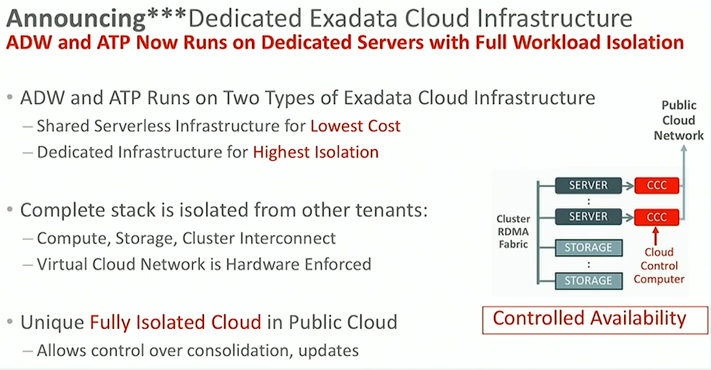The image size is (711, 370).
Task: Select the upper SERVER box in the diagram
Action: (588, 185)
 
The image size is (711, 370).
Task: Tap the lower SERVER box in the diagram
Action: (588, 217)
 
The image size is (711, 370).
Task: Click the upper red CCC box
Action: (657, 185)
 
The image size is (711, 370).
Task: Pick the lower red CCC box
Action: (657, 217)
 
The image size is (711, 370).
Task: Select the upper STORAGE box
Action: (588, 247)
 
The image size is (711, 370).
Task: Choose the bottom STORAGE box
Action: (588, 281)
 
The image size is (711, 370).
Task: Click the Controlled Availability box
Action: (595, 320)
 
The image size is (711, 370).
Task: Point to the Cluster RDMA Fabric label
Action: (513, 231)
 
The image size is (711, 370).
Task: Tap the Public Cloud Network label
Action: (679, 121)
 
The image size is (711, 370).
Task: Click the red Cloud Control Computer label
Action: (659, 265)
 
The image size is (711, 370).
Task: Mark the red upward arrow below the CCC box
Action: (656, 236)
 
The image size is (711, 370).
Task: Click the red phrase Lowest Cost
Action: (355, 126)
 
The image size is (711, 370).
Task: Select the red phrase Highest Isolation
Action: (315, 152)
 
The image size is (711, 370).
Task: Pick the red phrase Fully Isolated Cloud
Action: (176, 323)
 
